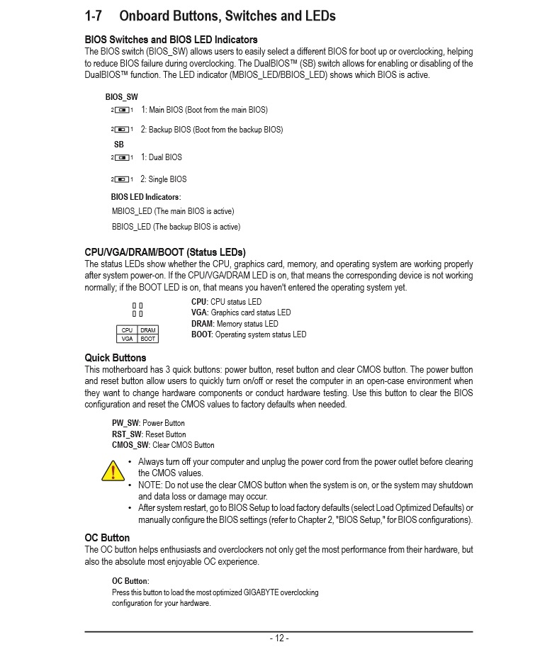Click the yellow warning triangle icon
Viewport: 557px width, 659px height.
112,470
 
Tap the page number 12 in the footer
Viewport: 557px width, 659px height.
278,638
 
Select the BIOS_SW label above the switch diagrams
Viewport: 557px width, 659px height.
121,96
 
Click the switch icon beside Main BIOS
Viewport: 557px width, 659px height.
123,110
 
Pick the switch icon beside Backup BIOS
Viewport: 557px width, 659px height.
123,130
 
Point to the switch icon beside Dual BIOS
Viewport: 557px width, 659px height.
123,157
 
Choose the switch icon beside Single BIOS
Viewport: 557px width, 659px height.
123,179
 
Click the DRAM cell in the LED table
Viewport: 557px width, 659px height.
147,330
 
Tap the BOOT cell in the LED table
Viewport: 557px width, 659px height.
147,339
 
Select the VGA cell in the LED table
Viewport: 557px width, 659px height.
127,339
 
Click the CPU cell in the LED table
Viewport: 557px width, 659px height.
127,330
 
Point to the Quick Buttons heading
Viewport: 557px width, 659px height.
115,358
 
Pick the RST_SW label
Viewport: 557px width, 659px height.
127,434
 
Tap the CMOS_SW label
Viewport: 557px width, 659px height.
131,445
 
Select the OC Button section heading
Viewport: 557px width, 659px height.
107,538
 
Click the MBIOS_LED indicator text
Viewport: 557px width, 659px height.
132,211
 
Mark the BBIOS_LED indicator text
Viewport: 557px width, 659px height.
131,227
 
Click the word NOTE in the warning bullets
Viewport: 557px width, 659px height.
150,485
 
